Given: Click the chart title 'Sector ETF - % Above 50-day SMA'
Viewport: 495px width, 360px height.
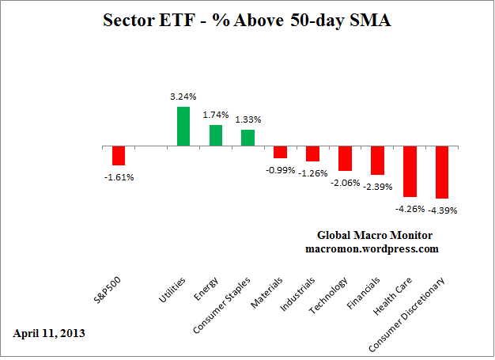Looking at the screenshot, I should click(247, 21).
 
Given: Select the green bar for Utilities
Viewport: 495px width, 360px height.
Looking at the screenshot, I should click(183, 127).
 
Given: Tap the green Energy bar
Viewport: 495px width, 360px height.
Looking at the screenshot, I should click(215, 135).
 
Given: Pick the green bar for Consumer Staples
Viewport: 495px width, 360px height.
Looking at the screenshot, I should click(247, 138).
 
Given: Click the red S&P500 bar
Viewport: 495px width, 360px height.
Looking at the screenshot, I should click(119, 156).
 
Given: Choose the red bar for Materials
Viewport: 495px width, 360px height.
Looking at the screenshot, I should click(280, 153).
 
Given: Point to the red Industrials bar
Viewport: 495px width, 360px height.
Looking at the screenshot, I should click(312, 154).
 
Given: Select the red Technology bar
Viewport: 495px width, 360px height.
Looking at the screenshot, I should click(345, 159).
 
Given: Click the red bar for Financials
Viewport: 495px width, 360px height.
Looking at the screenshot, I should click(377, 161).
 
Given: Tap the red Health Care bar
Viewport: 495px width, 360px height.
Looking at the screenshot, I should click(410, 172).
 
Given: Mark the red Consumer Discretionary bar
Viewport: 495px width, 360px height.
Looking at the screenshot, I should click(441, 172).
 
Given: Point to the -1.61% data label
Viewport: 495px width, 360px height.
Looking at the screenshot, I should click(119, 177).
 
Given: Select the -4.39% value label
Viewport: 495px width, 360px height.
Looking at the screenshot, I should click(443, 210).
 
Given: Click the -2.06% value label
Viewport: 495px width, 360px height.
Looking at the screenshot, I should click(345, 183).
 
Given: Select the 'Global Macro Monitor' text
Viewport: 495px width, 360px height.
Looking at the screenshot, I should click(372, 235).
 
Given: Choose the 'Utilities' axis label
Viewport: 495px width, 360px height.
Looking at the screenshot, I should click(173, 291).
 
